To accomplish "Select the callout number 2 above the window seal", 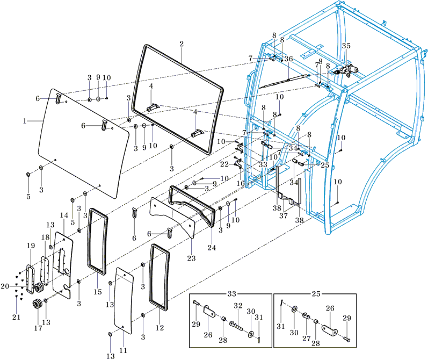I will pos(182,44).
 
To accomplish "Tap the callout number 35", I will pos(346,46).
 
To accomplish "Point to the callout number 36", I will pos(288,59).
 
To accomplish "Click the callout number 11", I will pos(123,350).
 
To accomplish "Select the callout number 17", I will pos(38,327).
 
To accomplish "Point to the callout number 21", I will pos(16,317).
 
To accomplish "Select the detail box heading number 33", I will pos(232,294).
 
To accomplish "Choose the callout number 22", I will pos(224,164).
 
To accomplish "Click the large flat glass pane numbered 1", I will pos(81,145).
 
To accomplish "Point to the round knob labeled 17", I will pos(38,305).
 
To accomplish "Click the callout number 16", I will pos(240,183).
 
